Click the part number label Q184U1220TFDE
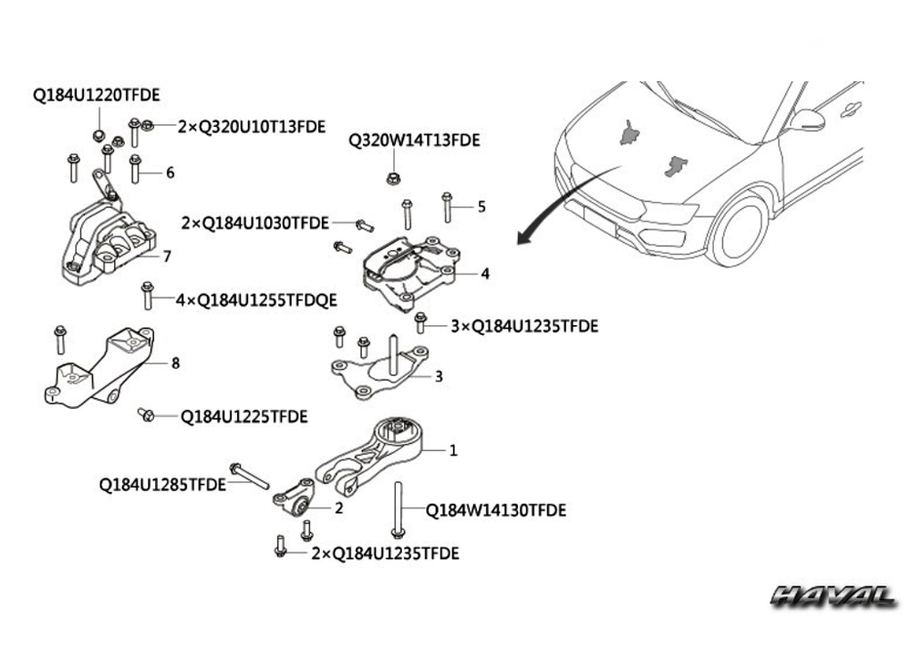97,94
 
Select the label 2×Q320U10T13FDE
251,127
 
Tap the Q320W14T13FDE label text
414,141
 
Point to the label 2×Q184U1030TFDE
255,223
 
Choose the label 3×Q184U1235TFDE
524,326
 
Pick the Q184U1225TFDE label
244,416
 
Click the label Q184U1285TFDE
162,485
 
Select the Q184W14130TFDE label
496,510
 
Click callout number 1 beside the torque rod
453,450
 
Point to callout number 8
175,362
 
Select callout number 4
485,273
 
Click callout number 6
170,172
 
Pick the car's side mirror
806,120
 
